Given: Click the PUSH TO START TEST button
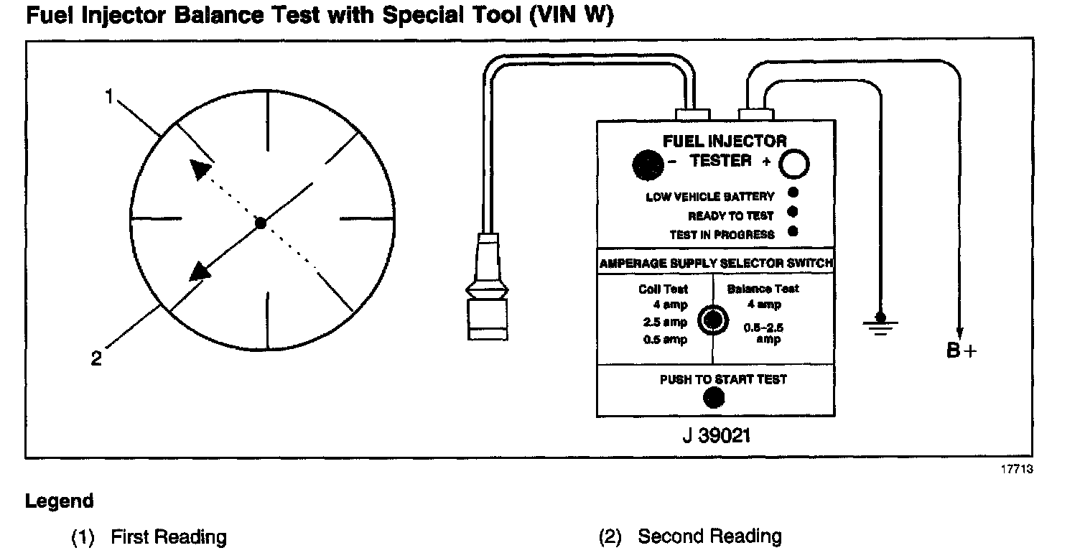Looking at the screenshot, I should pyautogui.click(x=713, y=397).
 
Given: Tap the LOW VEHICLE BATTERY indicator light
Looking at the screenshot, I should pyautogui.click(x=793, y=193).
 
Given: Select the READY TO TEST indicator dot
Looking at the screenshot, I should pyautogui.click(x=793, y=212).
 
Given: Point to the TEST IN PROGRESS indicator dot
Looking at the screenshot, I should pyautogui.click(x=793, y=231).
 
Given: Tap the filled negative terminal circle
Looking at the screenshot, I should pyautogui.click(x=648, y=165).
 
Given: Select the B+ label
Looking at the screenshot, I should pyautogui.click(x=962, y=351).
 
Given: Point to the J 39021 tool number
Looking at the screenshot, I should pyautogui.click(x=715, y=435).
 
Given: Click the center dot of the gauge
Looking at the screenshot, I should pyautogui.click(x=261, y=223).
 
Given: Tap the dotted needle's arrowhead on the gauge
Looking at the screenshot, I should pyautogui.click(x=201, y=169).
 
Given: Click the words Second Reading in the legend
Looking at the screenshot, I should pyautogui.click(x=709, y=536).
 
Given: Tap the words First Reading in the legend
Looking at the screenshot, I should pyautogui.click(x=169, y=536).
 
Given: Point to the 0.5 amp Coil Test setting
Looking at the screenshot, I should pyautogui.click(x=665, y=339).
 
